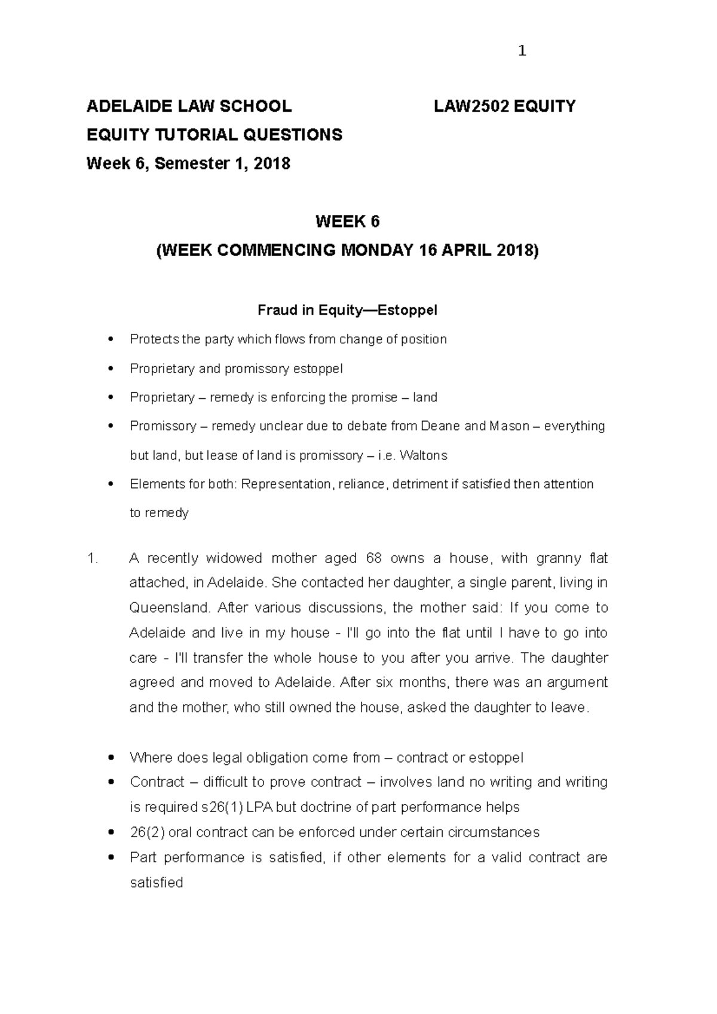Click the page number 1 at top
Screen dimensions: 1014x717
click(522, 51)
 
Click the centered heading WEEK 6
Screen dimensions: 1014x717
click(347, 222)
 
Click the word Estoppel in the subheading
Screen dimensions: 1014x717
click(412, 311)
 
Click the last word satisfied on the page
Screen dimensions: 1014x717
click(156, 883)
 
